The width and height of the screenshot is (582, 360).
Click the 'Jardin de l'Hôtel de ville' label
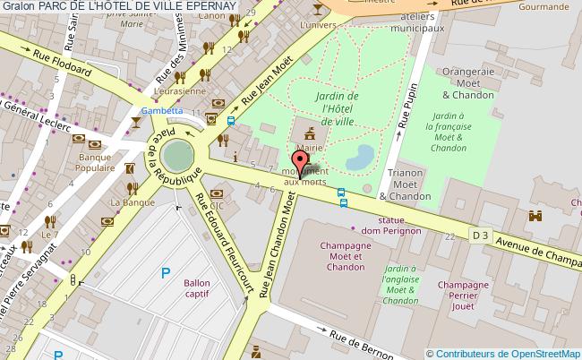point(337,108)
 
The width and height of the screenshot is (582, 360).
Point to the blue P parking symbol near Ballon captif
point(164,273)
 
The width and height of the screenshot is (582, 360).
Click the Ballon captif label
point(197,289)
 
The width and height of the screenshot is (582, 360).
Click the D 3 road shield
point(481,236)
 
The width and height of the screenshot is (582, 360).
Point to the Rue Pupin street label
point(405,106)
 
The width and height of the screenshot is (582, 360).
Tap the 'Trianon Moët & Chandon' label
point(406,185)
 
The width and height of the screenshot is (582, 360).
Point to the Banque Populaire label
point(95,162)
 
